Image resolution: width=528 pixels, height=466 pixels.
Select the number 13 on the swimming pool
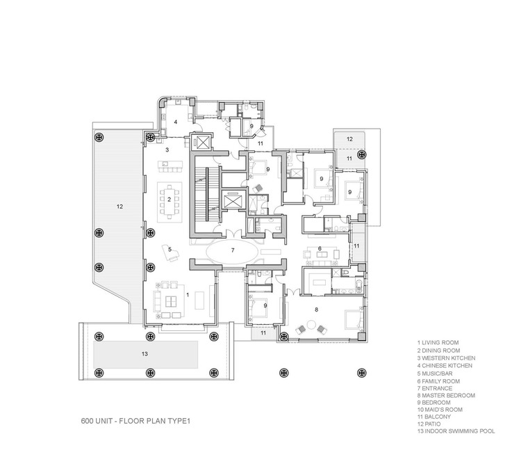145,354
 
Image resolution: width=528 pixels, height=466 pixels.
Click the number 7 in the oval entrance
232,250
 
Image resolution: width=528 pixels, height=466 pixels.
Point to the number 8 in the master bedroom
316,310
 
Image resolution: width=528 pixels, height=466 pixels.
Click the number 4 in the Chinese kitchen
176,122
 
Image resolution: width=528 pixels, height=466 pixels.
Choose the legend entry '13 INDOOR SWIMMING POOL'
456,431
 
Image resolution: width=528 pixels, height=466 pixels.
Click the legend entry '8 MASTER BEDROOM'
446,396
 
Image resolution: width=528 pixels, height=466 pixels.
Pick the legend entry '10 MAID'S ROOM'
440,410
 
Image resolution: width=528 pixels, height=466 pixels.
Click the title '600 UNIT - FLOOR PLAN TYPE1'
135,421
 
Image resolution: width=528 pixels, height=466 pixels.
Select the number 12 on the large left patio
120,207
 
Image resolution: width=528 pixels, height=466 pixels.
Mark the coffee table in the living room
170,300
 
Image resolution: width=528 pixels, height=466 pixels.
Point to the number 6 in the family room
320,248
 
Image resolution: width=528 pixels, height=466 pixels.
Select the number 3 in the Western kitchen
167,150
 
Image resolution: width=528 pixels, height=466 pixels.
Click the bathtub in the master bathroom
359,287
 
